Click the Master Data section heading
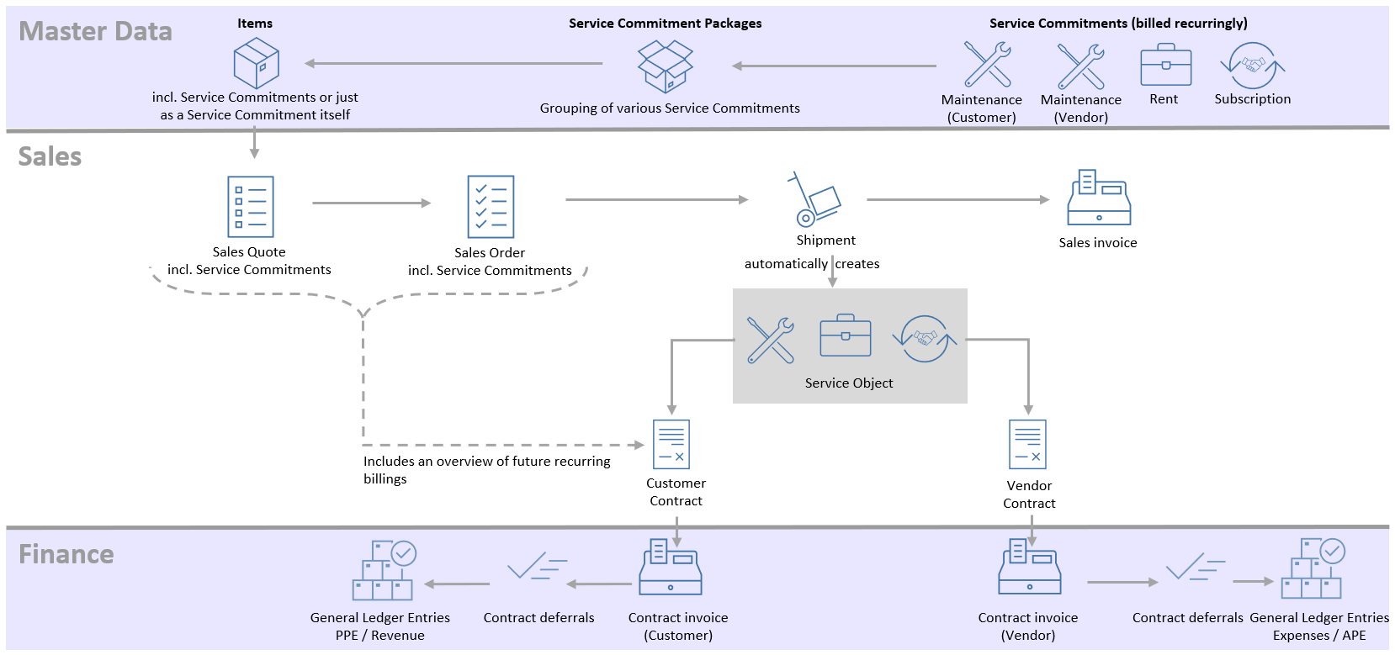(x=95, y=32)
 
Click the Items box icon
(x=256, y=64)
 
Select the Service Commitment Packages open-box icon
(x=665, y=66)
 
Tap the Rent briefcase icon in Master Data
(x=1165, y=66)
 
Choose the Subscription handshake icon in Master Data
(x=1252, y=66)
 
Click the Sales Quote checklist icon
(x=250, y=207)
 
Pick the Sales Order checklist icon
(x=491, y=207)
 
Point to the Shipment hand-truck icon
(x=814, y=199)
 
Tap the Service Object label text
(x=849, y=383)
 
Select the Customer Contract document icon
(x=671, y=444)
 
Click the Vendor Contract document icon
(x=1027, y=444)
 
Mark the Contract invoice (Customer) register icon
(x=671, y=568)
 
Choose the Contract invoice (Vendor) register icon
(x=1030, y=568)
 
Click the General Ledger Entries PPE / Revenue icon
(x=384, y=570)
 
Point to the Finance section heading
(x=66, y=555)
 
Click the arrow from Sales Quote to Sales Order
(x=371, y=203)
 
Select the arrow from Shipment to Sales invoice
(x=957, y=200)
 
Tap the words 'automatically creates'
(x=811, y=264)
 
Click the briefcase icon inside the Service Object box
(x=846, y=336)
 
